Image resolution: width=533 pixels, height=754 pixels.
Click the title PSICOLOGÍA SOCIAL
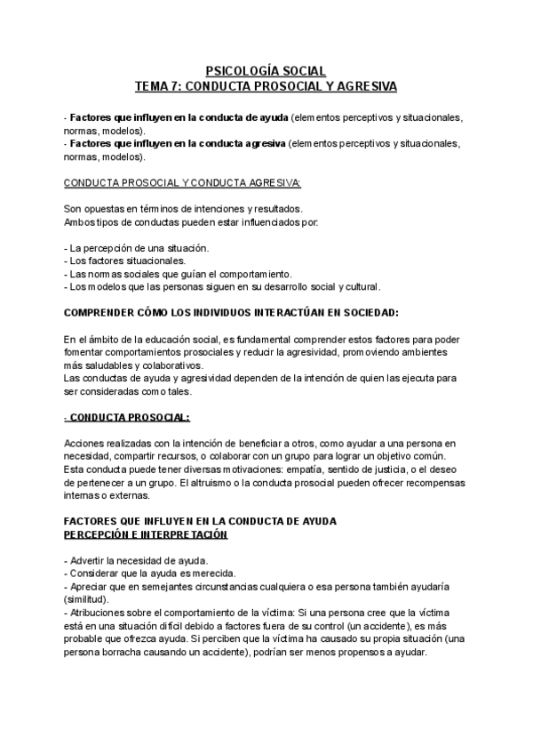266,70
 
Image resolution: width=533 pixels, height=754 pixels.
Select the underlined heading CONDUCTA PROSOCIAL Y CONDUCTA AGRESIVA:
183,184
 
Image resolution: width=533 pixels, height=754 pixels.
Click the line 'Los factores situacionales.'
125,261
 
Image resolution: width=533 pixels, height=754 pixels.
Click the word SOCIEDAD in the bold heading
365,313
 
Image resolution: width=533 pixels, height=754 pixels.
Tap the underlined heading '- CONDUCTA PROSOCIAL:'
127,418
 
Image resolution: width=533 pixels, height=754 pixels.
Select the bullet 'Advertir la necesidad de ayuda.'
136,561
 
